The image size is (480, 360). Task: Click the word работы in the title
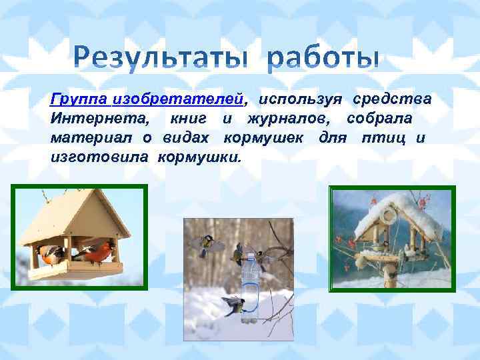click(x=324, y=59)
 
